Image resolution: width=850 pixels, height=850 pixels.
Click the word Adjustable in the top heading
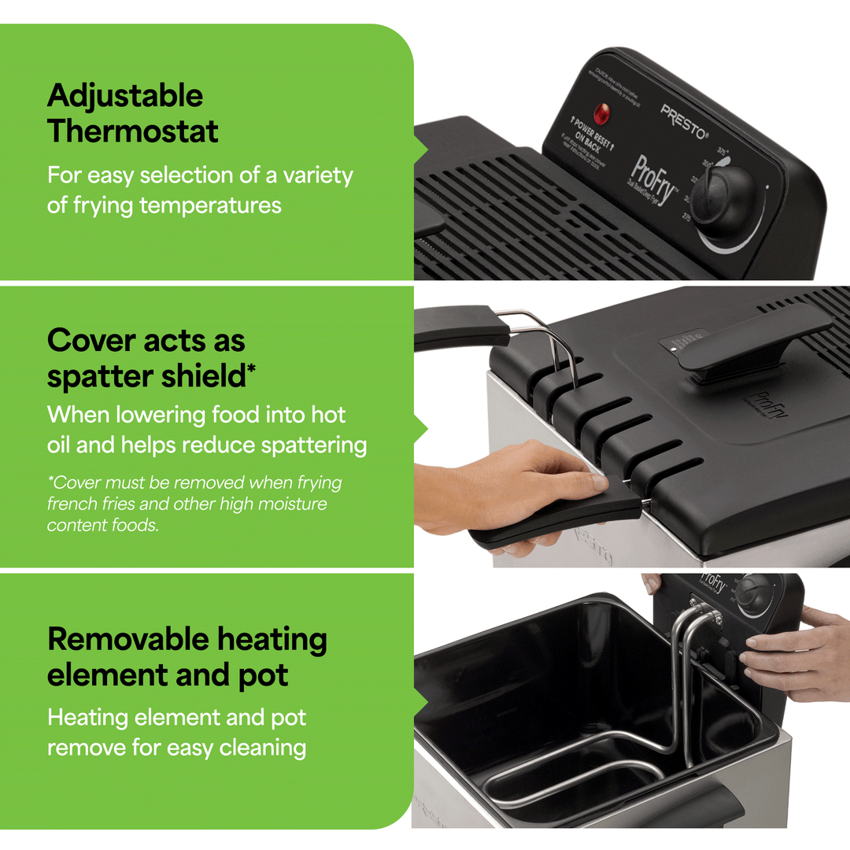point(125,97)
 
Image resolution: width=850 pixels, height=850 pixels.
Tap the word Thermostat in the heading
point(133,131)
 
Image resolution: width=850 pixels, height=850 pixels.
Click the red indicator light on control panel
point(603,114)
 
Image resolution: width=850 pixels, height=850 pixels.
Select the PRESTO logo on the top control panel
point(684,121)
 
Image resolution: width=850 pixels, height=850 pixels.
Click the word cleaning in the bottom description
point(263,747)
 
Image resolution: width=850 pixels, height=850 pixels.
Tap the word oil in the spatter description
point(59,445)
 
